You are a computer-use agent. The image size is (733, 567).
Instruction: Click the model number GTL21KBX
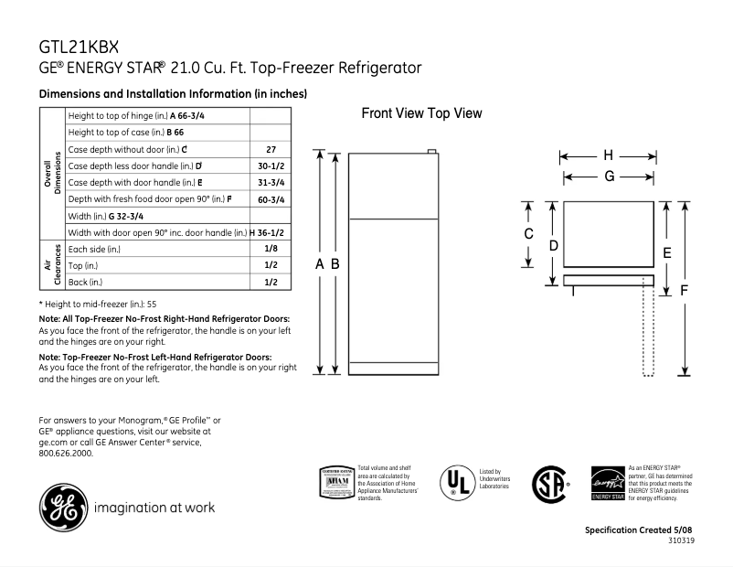[80, 47]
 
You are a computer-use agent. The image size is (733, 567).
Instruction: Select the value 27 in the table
[270, 149]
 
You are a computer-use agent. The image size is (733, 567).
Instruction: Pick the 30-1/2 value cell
[270, 166]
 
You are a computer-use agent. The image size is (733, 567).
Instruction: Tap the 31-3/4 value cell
[270, 182]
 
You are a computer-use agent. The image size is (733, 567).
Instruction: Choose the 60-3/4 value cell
[270, 198]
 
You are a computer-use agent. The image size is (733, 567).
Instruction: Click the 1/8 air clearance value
[270, 249]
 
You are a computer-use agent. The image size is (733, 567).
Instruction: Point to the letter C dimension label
[528, 234]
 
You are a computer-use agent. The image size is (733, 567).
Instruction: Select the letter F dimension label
[684, 290]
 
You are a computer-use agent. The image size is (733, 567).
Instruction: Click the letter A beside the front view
[320, 263]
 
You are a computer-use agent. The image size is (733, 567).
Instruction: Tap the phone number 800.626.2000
[66, 453]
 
